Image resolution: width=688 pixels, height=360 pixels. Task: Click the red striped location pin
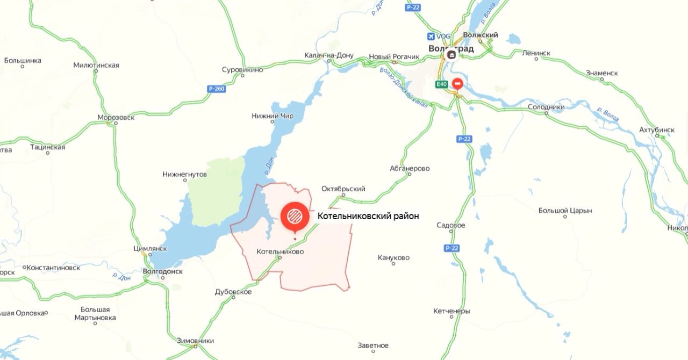click(295, 216)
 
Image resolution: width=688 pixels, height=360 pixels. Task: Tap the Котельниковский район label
click(368, 215)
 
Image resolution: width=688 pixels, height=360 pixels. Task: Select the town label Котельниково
click(280, 251)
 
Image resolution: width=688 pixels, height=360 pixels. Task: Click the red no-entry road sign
click(457, 84)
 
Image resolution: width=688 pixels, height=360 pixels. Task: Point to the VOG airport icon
click(431, 36)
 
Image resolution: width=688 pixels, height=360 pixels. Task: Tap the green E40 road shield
click(442, 84)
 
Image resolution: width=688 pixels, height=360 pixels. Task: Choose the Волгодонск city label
click(163, 271)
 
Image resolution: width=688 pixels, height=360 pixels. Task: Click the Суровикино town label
click(242, 70)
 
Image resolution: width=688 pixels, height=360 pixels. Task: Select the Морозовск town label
click(116, 117)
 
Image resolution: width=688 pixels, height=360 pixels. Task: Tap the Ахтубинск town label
click(657, 130)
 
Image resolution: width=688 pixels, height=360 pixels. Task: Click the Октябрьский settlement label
click(343, 189)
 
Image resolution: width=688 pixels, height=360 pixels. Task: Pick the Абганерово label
click(410, 168)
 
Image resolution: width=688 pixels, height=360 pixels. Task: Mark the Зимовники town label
click(196, 341)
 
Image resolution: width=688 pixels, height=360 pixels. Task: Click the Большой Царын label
click(565, 211)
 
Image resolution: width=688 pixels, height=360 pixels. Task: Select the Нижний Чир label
click(273, 116)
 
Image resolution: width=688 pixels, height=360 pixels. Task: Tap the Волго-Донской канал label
click(404, 87)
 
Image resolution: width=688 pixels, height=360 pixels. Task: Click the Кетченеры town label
click(451, 311)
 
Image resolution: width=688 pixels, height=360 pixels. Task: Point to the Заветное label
click(373, 345)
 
